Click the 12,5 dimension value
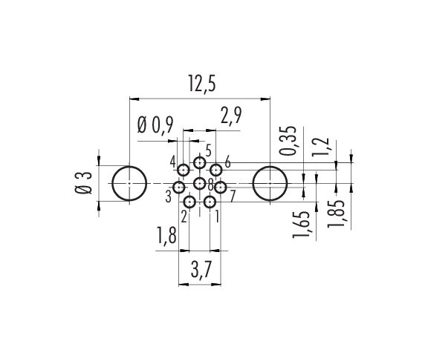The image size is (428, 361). pyautogui.click(x=201, y=83)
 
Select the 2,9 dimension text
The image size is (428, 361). pyautogui.click(x=231, y=115)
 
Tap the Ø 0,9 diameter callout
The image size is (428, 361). pyautogui.click(x=155, y=125)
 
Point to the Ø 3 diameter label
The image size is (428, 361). pyautogui.click(x=83, y=182)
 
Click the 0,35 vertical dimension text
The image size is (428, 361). pyautogui.click(x=288, y=141)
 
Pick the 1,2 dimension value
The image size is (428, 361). pyautogui.click(x=321, y=148)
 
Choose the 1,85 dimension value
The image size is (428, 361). pyautogui.click(x=336, y=213)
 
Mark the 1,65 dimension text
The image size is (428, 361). pyautogui.click(x=302, y=225)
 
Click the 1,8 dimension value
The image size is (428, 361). pyautogui.click(x=166, y=236)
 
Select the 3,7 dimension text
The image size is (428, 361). pyautogui.click(x=201, y=270)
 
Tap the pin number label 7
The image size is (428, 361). pyautogui.click(x=232, y=196)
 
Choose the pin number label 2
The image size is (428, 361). pyautogui.click(x=184, y=217)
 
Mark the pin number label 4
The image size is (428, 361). pyautogui.click(x=172, y=162)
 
